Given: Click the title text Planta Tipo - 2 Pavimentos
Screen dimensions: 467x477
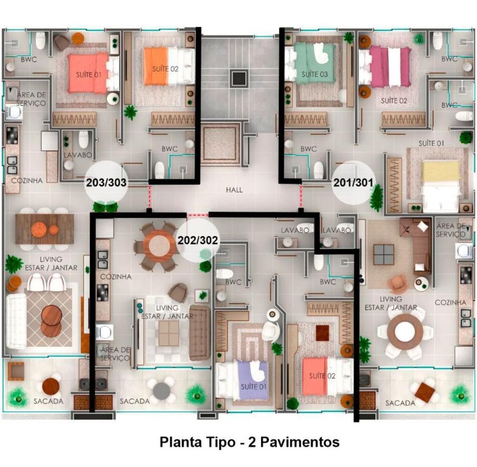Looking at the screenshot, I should [249, 442].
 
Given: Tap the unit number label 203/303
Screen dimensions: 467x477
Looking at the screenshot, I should [105, 182].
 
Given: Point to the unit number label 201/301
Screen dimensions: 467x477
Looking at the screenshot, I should [353, 182].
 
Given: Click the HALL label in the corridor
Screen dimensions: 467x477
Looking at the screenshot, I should [234, 190].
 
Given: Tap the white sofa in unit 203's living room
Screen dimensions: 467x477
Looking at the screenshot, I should [16, 321].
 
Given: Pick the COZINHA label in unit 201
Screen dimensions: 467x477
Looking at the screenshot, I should [450, 302].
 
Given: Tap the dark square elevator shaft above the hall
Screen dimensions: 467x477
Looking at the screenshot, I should [239, 77].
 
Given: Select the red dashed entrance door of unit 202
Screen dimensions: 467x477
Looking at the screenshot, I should [197, 216].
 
